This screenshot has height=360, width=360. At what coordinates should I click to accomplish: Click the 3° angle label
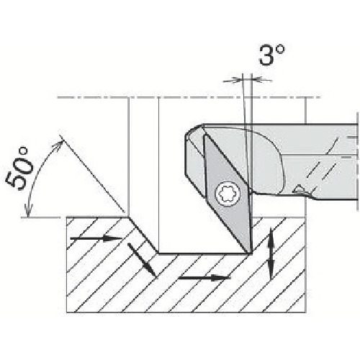272,55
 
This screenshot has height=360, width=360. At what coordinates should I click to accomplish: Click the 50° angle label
19,168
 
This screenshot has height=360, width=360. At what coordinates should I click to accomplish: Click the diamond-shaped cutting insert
227,194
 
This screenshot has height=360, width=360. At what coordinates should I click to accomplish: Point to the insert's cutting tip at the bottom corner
251,253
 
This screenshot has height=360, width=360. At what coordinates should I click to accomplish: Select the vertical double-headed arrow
271,253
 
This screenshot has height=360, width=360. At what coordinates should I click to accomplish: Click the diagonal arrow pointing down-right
142,259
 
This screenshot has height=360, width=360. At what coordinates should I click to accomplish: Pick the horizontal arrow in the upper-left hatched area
96,238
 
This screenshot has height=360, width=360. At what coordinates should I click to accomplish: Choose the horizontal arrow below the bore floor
204,278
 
